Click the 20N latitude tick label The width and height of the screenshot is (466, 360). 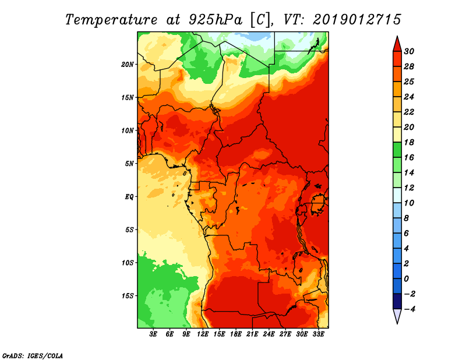128,64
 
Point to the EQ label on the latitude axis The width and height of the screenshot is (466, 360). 129,196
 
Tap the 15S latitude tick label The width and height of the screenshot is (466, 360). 128,295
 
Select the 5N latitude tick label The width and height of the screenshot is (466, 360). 129,163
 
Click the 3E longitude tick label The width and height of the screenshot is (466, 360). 154,334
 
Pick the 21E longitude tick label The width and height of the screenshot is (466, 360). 252,334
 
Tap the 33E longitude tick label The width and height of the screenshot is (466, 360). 318,334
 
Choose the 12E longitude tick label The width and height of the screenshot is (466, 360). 203,334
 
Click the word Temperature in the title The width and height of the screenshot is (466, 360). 111,19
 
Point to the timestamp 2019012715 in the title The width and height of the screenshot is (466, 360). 357,19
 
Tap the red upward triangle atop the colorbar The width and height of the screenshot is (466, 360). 397,43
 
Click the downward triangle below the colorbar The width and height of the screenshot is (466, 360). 397,316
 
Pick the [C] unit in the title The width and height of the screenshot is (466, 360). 260,19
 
